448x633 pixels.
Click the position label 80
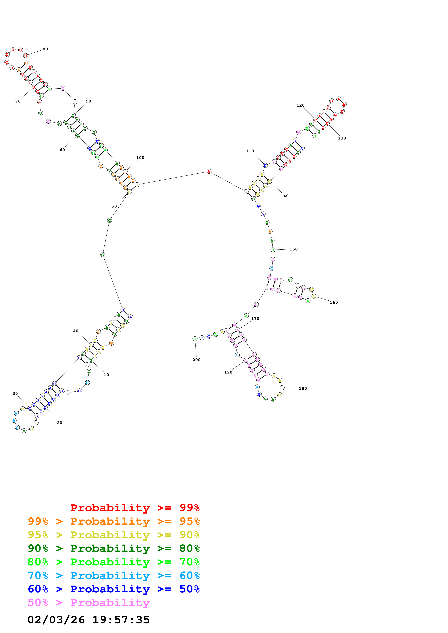pyautogui.click(x=45, y=49)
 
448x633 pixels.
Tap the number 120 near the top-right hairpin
pyautogui.click(x=300, y=105)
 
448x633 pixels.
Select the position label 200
pyautogui.click(x=196, y=360)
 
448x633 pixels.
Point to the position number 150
pyautogui.click(x=293, y=249)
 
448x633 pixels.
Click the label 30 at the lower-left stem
pyautogui.click(x=15, y=393)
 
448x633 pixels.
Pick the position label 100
pyautogui.click(x=140, y=158)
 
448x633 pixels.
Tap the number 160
pyautogui.click(x=334, y=302)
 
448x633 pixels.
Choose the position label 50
pyautogui.click(x=114, y=206)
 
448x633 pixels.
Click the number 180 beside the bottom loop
pyautogui.click(x=303, y=388)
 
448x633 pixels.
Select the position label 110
pyautogui.click(x=250, y=151)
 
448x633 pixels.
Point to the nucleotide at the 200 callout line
pyautogui.click(x=195, y=339)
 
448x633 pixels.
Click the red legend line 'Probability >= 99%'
pyautogui.click(x=135, y=508)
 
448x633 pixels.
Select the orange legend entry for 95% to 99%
pyautogui.click(x=113, y=521)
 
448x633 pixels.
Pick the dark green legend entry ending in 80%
pyautogui.click(x=113, y=548)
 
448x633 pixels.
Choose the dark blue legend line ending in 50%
pyautogui.click(x=113, y=589)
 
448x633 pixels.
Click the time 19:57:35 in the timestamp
pyautogui.click(x=121, y=620)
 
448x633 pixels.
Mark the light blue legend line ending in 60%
pyautogui.click(x=113, y=575)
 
